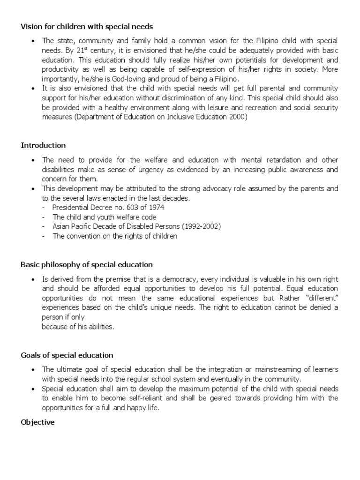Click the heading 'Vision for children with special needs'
pos(87,26)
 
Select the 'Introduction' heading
pos(43,145)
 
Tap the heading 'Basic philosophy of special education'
pos(87,264)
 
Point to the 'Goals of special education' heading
pos(67,355)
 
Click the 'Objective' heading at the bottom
pos(37,422)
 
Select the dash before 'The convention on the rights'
pos(43,236)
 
